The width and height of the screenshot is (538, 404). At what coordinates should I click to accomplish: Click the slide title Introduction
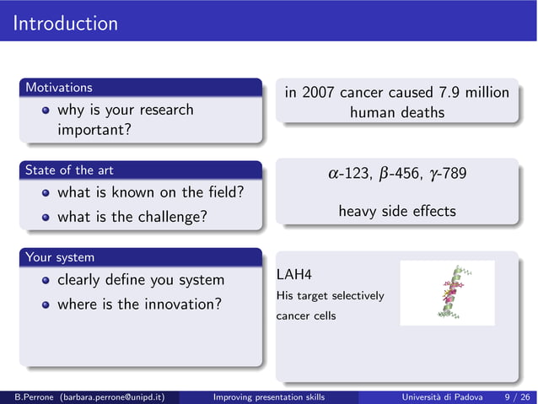[66, 23]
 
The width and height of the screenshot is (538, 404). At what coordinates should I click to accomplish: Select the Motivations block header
[59, 87]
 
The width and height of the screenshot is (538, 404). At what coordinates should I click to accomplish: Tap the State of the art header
[69, 170]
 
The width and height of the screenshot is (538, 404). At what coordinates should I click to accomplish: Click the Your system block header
[60, 256]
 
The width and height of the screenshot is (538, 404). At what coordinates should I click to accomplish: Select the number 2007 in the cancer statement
[320, 92]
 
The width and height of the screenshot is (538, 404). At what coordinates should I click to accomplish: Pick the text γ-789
[449, 174]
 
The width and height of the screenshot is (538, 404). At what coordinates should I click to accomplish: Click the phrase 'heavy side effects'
[396, 212]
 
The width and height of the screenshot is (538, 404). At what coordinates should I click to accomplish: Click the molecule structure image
[447, 293]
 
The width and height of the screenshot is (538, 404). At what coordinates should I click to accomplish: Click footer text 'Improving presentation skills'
[269, 396]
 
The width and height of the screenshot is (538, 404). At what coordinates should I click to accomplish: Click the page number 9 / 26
[516, 396]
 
